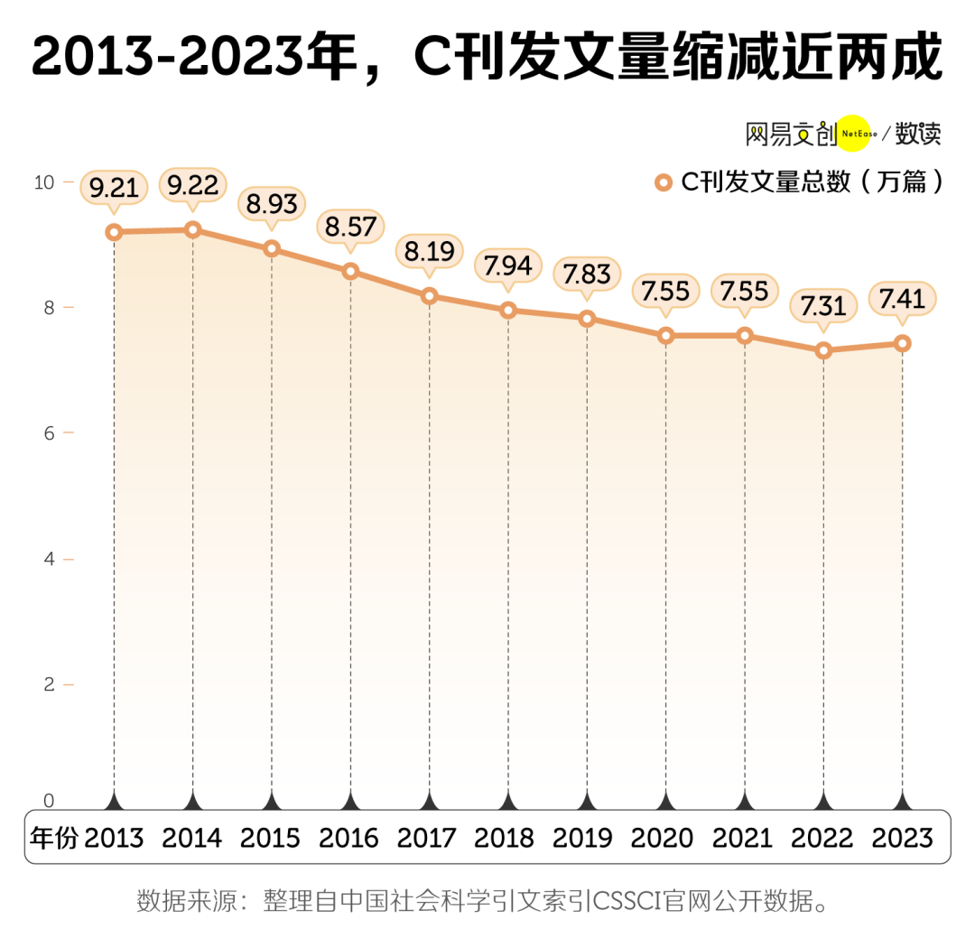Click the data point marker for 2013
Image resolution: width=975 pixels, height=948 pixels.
coord(114,232)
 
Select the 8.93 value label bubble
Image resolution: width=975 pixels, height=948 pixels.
coord(272,205)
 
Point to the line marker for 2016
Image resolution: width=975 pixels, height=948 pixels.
coord(350,271)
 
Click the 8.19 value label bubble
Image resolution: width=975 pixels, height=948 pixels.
coord(430,251)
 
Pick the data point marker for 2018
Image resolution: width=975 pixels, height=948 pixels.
coord(508,311)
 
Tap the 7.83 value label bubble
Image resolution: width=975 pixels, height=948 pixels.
coord(587,273)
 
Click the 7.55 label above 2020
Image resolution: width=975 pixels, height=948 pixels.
coord(665,291)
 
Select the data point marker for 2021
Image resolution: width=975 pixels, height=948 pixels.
coord(745,336)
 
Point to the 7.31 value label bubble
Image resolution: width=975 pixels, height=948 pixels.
coord(823,306)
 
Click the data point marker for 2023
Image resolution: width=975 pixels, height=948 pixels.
coord(902,343)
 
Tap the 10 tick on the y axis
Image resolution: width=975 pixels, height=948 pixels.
coord(43,182)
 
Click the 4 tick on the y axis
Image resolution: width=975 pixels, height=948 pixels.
coord(49,559)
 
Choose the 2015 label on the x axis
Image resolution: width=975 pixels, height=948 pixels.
coord(271,838)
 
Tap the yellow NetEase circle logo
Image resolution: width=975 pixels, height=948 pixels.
coord(854,135)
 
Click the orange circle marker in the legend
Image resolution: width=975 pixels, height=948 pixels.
coord(664,182)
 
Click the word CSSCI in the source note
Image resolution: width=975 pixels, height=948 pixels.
coord(627,901)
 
